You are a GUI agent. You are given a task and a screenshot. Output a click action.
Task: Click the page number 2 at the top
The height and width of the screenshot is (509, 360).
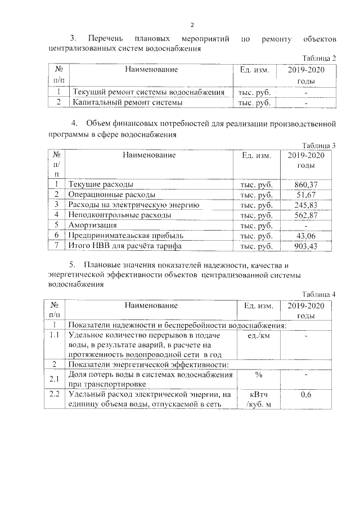tap(192, 25)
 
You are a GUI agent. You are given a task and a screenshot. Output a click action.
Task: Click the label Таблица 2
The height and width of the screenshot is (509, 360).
tap(319, 58)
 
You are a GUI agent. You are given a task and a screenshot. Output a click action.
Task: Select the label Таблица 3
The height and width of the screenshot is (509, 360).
tap(318, 145)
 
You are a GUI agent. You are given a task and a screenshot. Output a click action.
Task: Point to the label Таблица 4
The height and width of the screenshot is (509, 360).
tap(318, 295)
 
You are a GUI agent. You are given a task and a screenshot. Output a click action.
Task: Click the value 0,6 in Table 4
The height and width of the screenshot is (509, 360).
tap(305, 396)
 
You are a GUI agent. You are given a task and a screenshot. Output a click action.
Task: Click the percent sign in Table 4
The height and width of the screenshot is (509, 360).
tap(259, 375)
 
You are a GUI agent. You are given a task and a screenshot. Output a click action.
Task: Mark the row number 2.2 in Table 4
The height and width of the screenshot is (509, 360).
tap(54, 395)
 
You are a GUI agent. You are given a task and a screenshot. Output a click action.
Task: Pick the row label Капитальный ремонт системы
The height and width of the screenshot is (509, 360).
tap(127, 103)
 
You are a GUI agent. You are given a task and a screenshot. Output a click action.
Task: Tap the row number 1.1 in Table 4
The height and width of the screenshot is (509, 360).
tap(54, 335)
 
